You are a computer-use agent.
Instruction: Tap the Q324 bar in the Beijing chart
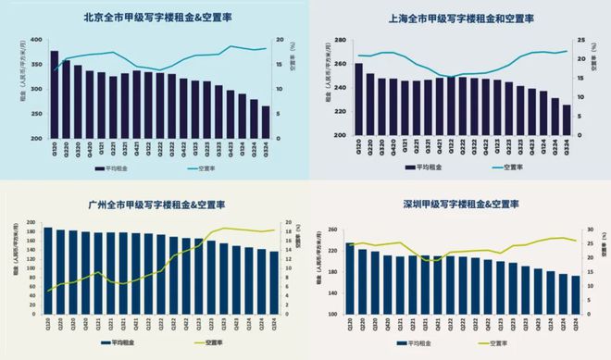coord(266,122)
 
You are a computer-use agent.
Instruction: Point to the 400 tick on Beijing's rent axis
coord(35,41)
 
